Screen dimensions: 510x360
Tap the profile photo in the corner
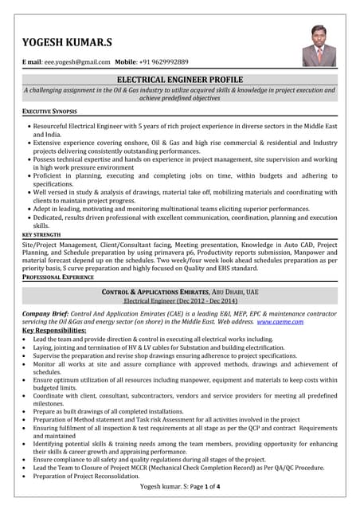point(319,46)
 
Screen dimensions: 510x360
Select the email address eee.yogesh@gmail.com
point(74,62)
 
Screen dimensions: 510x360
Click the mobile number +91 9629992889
point(162,62)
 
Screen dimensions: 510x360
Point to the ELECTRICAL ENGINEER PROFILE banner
point(180,80)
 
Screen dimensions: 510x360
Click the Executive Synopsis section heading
point(49,112)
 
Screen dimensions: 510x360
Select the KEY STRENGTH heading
point(41,235)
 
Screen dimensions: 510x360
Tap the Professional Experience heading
point(58,277)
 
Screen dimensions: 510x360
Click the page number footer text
point(180,486)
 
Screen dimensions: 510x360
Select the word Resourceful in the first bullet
point(53,126)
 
